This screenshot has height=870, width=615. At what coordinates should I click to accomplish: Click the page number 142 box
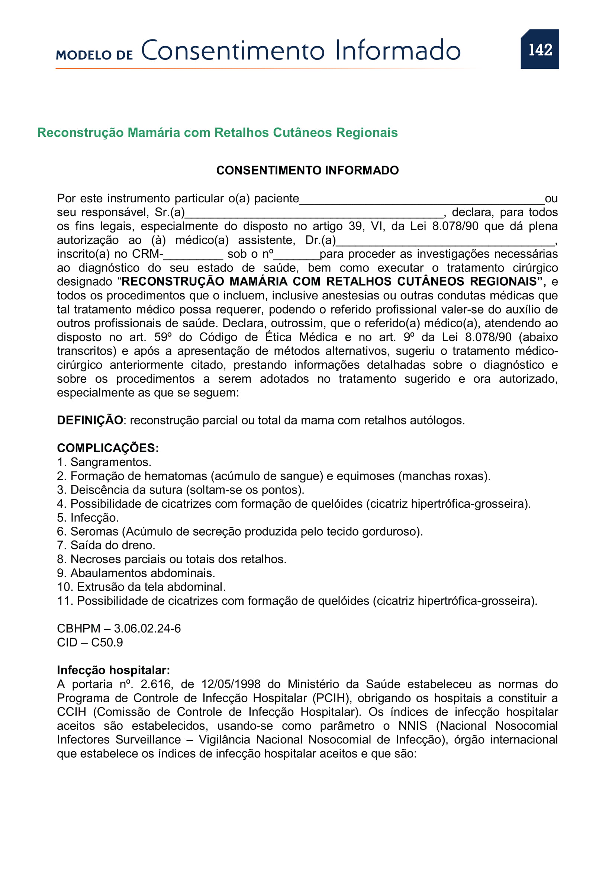(540, 49)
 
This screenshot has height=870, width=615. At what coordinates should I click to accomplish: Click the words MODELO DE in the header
(94, 55)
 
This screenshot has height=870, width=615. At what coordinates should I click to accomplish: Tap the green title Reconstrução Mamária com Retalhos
(218, 133)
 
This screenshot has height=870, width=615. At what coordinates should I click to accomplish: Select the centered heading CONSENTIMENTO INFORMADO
(307, 170)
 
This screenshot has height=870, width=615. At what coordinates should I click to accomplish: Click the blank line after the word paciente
(422, 201)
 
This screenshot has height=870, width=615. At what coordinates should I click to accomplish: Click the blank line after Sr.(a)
(314, 215)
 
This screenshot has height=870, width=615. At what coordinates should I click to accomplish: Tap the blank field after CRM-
(193, 256)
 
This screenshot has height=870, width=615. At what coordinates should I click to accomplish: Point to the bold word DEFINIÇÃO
(90, 420)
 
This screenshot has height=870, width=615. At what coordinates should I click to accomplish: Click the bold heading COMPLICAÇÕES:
(108, 448)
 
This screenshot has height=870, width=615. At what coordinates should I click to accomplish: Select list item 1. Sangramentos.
(104, 462)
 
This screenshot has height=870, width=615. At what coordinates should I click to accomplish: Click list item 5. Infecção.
(88, 518)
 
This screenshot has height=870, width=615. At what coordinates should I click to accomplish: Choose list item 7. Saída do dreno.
(106, 545)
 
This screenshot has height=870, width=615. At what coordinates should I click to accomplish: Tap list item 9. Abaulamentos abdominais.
(136, 573)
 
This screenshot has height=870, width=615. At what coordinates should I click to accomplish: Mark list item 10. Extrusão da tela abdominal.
(141, 587)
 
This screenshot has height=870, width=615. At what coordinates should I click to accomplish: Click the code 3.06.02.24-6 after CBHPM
(147, 629)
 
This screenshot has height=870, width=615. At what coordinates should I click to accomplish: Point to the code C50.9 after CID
(107, 643)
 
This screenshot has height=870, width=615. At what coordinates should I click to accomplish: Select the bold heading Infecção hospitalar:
(113, 670)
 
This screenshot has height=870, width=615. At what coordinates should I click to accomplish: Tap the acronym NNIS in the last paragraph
(412, 726)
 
